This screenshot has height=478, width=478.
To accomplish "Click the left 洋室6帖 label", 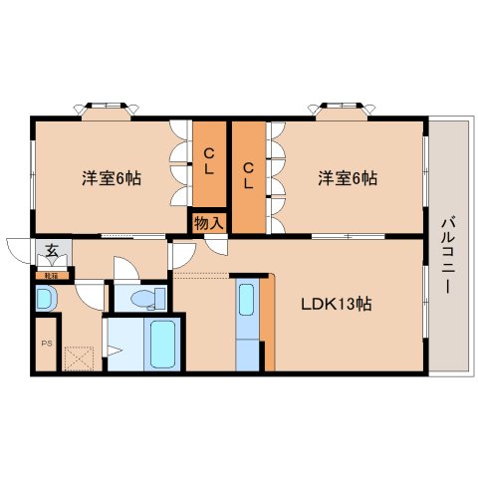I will (111, 179).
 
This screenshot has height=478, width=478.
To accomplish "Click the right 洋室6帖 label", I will (348, 179).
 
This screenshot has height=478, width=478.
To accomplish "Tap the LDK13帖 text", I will (338, 304).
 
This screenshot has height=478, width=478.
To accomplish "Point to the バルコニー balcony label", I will (447, 253).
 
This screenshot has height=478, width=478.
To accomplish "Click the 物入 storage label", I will (208, 223).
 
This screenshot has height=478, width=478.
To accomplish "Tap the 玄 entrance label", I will (48, 250).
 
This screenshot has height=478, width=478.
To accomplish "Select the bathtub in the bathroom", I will (161, 344).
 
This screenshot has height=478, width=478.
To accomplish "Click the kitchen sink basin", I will (247, 300).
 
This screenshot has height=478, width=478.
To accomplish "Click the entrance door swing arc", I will (19, 250).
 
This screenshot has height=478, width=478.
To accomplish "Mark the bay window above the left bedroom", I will (106, 108).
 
